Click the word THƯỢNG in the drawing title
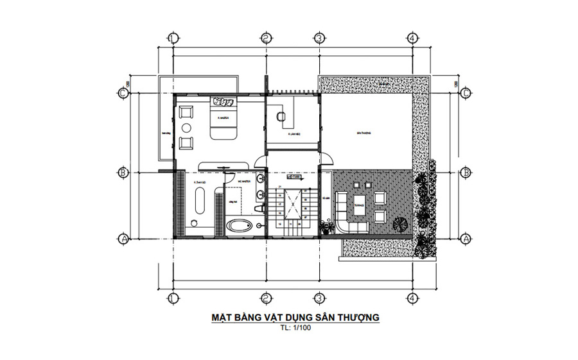[x=358, y=317]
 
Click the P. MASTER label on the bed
[x=223, y=119]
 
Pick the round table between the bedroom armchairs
[x=186, y=127]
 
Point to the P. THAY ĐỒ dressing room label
[x=198, y=182]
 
